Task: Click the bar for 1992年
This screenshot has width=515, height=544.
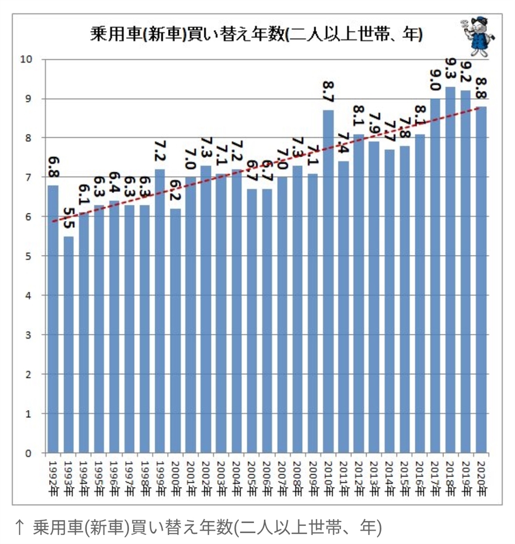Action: [x=53, y=319]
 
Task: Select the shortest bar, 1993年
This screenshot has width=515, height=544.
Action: [x=68, y=345]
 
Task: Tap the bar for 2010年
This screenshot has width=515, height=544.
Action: [x=328, y=282]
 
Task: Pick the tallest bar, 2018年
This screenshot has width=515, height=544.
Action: [x=450, y=271]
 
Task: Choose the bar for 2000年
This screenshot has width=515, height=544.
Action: [x=175, y=329]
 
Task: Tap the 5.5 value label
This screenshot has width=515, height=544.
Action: [x=69, y=218]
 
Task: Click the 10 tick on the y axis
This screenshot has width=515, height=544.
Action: [x=27, y=59]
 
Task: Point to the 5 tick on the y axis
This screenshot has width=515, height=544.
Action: [x=29, y=256]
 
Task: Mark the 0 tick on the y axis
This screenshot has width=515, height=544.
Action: [x=29, y=453]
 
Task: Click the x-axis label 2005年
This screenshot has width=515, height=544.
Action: [x=252, y=476]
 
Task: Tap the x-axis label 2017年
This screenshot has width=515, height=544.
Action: [x=435, y=476]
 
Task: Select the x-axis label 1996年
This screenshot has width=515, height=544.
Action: [x=115, y=476]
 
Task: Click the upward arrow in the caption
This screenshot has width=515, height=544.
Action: [x=19, y=527]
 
